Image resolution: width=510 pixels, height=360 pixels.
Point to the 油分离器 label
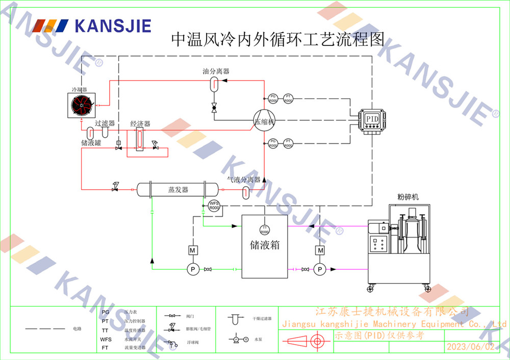pyautogui.click(x=216, y=71)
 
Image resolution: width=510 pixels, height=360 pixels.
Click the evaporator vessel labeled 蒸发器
pyautogui.click(x=178, y=190)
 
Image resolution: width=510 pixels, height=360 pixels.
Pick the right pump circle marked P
pyautogui.click(x=320, y=269)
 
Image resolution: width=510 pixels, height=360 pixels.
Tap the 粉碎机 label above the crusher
pyautogui.click(x=407, y=197)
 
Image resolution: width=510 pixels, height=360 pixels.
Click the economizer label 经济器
pyautogui.click(x=140, y=124)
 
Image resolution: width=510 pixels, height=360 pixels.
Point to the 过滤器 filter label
pyautogui.click(x=105, y=123)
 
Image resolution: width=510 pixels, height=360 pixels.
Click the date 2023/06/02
pyautogui.click(x=470, y=347)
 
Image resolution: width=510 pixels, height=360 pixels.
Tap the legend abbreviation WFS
pyautogui.click(x=106, y=339)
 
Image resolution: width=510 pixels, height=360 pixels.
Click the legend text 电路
pyautogui.click(x=77, y=329)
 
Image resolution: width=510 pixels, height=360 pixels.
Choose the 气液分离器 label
pyautogui.click(x=244, y=179)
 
